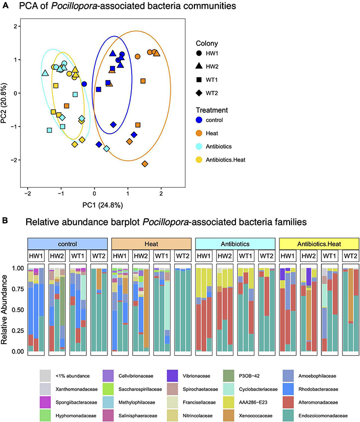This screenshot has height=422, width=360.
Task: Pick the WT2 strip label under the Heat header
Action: tap(182, 256)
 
